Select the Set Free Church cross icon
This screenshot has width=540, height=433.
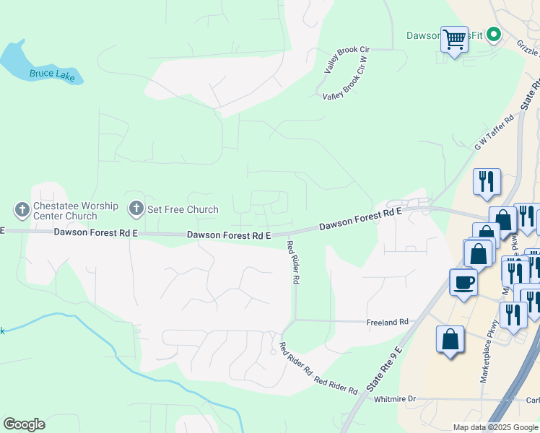click(x=135, y=210)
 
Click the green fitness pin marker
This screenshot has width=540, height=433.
click(x=494, y=34)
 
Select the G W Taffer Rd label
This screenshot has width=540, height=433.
click(x=494, y=132)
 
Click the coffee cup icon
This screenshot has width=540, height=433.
click(x=463, y=281)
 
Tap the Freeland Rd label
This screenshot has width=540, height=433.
click(x=388, y=322)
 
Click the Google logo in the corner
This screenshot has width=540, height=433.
click(x=24, y=424)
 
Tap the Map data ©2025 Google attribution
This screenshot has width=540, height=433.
click(x=495, y=427)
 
